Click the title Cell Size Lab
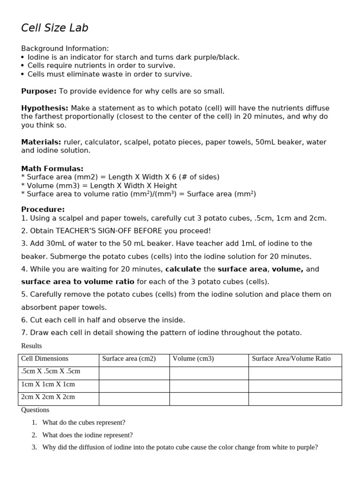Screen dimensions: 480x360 [54, 28]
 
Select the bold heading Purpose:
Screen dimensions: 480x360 [39, 91]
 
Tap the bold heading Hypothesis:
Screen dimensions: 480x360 [45, 108]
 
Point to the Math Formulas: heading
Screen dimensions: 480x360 [52, 168]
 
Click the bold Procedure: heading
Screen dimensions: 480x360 [43, 209]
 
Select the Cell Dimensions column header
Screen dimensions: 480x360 [45, 359]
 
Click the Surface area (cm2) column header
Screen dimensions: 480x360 [129, 359]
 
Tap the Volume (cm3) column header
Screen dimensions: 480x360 [193, 359]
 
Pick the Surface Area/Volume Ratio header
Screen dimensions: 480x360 [291, 359]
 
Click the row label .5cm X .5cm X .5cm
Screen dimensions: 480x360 [51, 371]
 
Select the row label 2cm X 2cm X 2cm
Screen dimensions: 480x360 [48, 397]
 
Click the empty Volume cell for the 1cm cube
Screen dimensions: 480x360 [209, 386]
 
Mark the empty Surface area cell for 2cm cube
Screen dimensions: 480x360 [134, 399]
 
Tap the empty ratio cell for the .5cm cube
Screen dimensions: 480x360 [295, 373]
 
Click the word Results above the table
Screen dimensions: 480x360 [31, 346]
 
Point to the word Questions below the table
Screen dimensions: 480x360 [35, 410]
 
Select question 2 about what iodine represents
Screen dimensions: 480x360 [87, 435]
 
